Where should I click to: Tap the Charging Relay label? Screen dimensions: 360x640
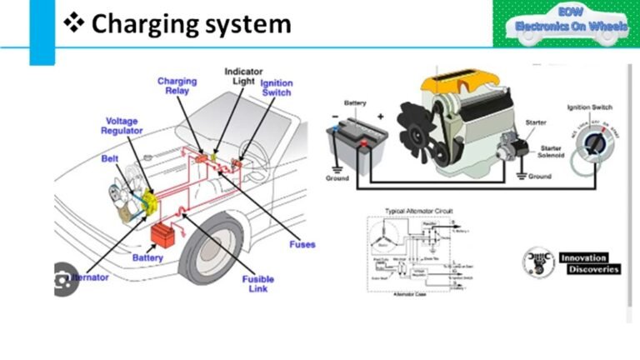[177, 87]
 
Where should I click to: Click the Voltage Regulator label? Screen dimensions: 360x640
[122, 126]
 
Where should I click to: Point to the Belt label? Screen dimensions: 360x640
[110, 157]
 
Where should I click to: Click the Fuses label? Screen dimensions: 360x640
[302, 244]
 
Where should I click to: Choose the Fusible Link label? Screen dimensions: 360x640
[258, 284]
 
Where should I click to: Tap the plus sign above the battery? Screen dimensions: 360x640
[381, 117]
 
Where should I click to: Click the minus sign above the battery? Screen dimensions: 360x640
[334, 116]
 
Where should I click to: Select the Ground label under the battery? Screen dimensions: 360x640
[337, 179]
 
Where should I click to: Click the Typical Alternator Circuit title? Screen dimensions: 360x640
[417, 211]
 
